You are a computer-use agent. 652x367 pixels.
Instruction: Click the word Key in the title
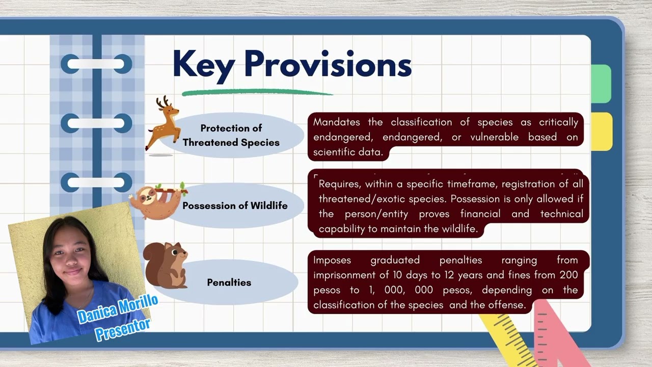[204, 65]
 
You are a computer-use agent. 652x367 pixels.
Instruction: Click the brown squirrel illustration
[166, 265]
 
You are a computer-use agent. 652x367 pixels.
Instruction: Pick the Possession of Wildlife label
[235, 206]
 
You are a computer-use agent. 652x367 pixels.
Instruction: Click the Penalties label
[229, 282]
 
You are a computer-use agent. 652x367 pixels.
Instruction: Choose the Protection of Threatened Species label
[231, 135]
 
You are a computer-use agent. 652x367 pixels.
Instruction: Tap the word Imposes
[332, 260]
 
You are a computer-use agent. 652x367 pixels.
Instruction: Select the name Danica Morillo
[118, 309]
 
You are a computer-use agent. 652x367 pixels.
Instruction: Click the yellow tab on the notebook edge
[602, 132]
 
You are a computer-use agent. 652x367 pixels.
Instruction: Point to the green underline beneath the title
[257, 93]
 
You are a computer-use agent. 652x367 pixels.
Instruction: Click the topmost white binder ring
[96, 64]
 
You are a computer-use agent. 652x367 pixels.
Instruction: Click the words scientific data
[347, 152]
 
